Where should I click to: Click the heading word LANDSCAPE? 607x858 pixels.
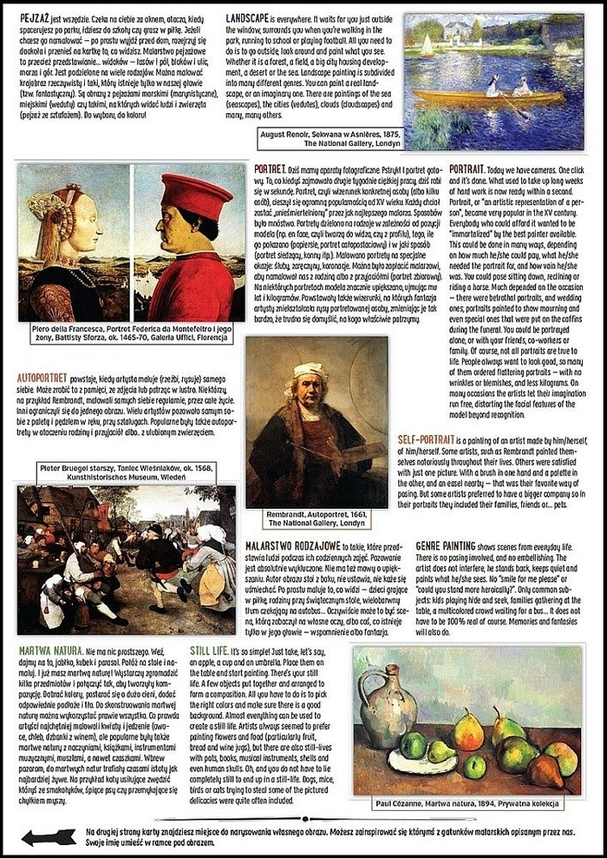pyautogui.click(x=246, y=18)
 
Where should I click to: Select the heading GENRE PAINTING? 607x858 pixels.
pyautogui.click(x=446, y=546)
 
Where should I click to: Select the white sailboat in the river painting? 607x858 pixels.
pyautogui.click(x=427, y=45)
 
